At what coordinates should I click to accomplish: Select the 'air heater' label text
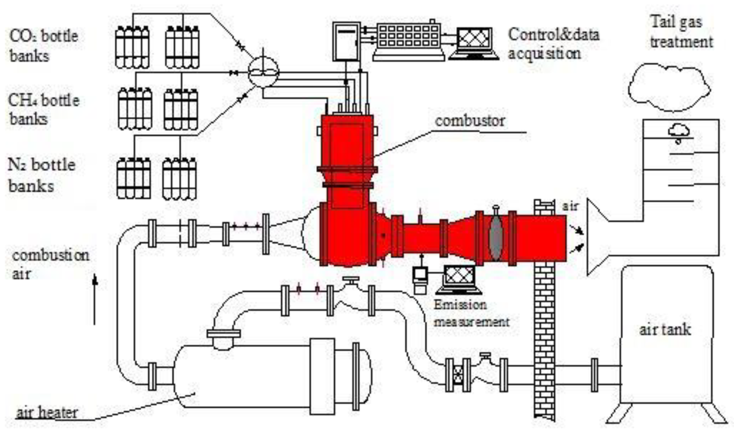(47, 413)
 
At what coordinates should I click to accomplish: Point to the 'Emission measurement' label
(471, 313)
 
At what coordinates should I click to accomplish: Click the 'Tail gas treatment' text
(681, 32)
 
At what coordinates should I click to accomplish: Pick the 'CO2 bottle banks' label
(43, 45)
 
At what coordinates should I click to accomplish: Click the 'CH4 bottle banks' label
(43, 109)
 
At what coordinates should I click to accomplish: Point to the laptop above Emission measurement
(460, 279)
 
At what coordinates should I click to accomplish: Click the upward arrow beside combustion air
(95, 299)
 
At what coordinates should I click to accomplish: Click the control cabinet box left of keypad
(346, 42)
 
